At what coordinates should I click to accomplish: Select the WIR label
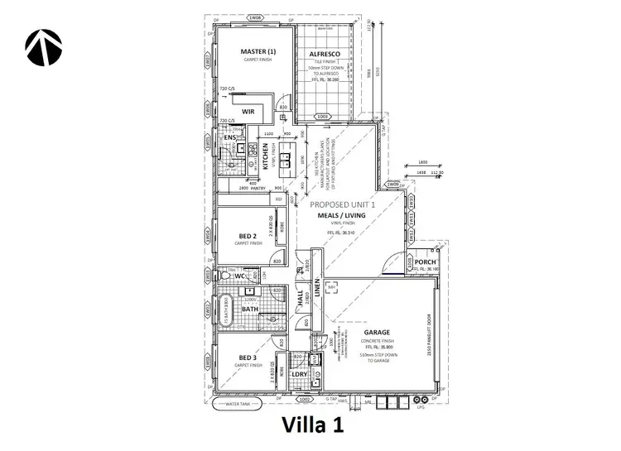pyautogui.click(x=248, y=110)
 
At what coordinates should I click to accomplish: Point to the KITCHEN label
pyautogui.click(x=266, y=156)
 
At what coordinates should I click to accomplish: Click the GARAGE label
pyautogui.click(x=376, y=333)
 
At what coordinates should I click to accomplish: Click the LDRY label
pyautogui.click(x=300, y=373)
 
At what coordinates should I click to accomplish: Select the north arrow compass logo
pyautogui.click(x=41, y=47)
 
